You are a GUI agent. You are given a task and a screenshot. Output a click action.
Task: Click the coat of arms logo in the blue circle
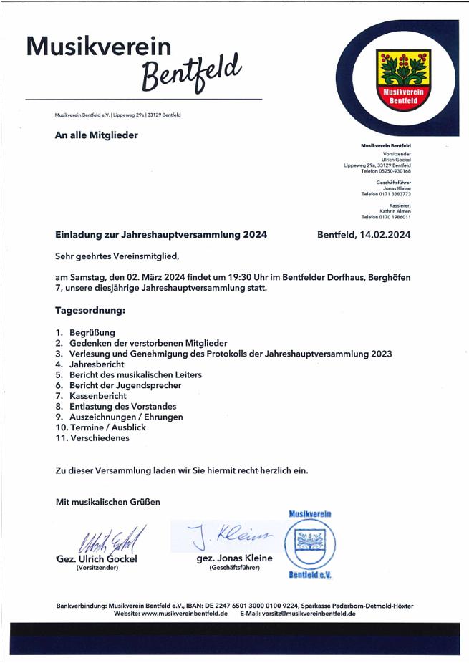[404, 79]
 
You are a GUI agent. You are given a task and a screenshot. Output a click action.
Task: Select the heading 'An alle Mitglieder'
[96, 135]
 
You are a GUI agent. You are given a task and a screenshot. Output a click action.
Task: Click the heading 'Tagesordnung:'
[90, 311]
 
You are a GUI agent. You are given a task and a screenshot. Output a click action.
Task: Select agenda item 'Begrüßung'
[92, 333]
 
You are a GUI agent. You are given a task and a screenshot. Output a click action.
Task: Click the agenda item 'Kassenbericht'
[98, 395]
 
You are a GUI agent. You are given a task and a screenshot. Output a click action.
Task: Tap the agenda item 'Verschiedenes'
[100, 437]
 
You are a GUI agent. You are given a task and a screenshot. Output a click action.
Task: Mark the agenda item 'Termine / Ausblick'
[107, 427]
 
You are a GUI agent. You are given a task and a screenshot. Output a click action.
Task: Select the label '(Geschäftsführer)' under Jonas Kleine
[235, 568]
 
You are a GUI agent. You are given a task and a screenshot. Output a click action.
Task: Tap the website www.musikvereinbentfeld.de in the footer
[184, 614]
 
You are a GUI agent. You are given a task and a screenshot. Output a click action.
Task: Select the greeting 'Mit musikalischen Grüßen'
[108, 502]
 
